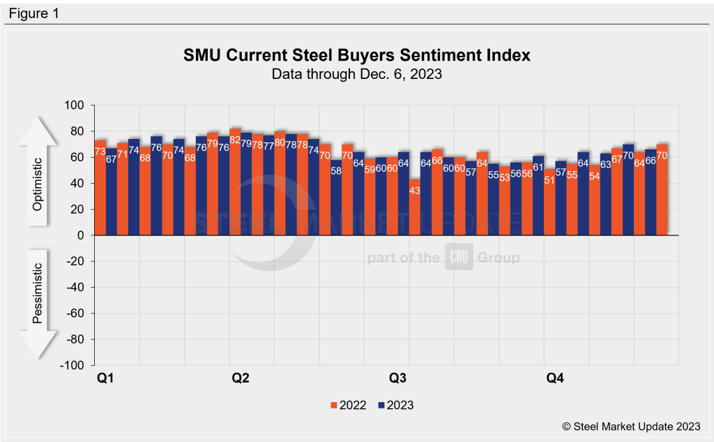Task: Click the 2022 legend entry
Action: tap(346, 405)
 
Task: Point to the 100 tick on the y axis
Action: tap(73, 105)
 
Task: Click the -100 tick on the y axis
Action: tap(70, 365)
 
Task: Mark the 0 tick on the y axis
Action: tap(79, 235)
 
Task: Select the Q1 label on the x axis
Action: tap(105, 379)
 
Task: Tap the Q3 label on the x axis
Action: tap(397, 379)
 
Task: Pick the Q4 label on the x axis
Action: tap(555, 379)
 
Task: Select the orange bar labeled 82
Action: tap(235, 182)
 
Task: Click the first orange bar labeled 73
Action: tap(100, 188)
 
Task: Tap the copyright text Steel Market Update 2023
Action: tap(632, 425)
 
